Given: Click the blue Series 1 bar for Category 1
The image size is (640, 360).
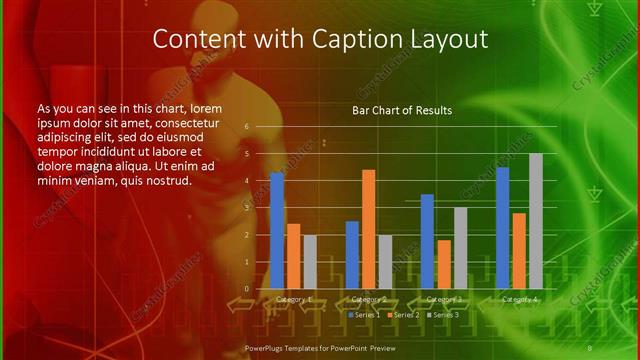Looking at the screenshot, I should click(x=277, y=231).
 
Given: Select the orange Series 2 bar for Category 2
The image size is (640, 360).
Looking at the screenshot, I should click(x=368, y=229).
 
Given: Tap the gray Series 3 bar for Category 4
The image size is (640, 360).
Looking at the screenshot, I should click(x=535, y=221).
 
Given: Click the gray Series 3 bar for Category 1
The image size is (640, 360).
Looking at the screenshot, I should click(x=309, y=262).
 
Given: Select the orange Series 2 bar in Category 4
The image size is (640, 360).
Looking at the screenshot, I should click(x=518, y=251).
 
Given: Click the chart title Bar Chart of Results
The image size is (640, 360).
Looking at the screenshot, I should click(x=401, y=110).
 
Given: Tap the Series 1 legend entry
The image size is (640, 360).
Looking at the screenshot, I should click(x=365, y=315).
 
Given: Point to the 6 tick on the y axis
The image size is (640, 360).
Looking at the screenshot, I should click(x=246, y=128).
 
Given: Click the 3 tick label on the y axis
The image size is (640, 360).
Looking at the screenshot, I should click(x=246, y=208).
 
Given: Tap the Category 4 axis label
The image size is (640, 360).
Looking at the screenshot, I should click(x=518, y=299).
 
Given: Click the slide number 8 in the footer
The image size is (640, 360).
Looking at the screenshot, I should click(x=617, y=347).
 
